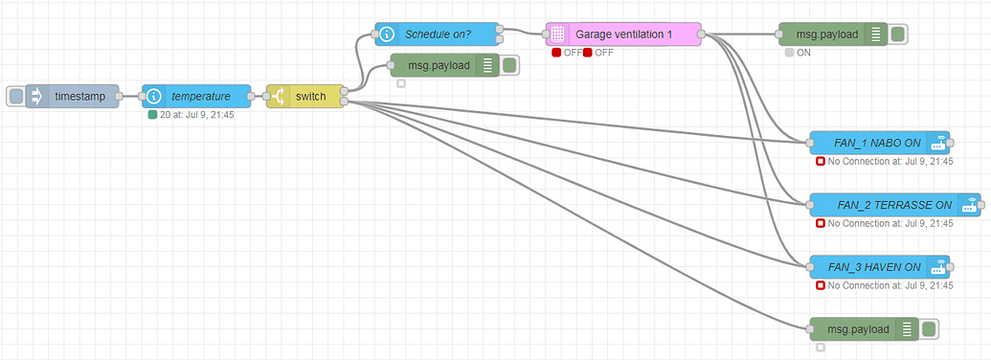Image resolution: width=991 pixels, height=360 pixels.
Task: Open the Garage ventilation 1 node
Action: [x=623, y=34]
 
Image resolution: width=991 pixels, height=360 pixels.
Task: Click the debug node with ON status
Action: [x=828, y=34]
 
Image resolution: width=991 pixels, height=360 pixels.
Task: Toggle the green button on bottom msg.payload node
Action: [x=928, y=329]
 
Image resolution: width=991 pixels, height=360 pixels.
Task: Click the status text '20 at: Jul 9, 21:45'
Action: [x=197, y=115]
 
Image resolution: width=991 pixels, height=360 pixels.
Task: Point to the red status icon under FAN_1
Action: [x=821, y=162]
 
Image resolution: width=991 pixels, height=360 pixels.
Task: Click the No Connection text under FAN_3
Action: [x=890, y=285]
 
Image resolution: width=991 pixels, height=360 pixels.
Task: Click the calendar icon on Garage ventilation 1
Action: [x=557, y=34]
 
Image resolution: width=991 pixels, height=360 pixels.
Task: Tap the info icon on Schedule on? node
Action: [x=386, y=34]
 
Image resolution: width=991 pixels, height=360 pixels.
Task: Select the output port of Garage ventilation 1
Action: [x=702, y=34]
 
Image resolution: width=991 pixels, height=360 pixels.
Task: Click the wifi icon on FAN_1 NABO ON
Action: [x=938, y=143]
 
